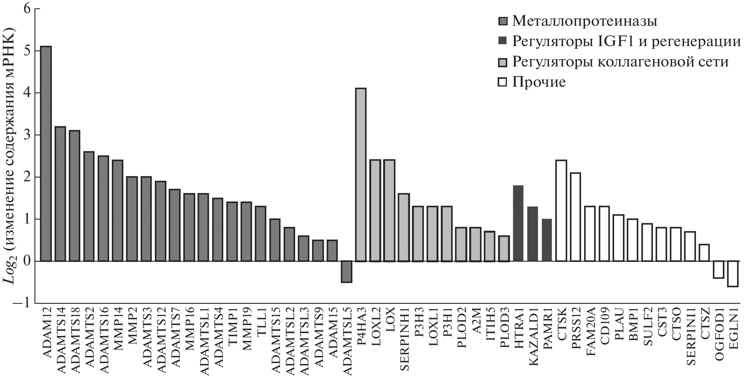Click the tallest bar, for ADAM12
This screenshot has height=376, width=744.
[46, 154]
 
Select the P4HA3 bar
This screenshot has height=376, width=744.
[361, 175]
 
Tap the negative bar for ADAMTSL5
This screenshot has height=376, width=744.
[346, 272]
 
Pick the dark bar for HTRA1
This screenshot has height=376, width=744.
[518, 224]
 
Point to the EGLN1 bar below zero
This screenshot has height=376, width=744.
[733, 273]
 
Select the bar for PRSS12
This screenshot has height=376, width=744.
[575, 217]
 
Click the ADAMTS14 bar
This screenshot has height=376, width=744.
[60, 194]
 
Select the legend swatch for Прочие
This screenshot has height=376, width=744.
[502, 82]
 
